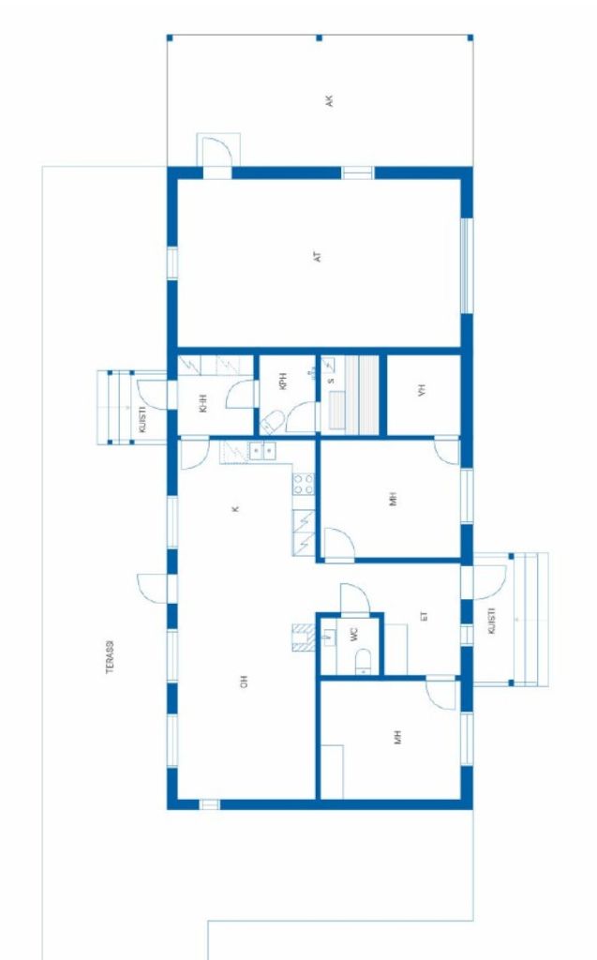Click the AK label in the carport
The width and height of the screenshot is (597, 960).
pyautogui.click(x=329, y=101)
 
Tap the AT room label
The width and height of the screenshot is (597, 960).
pyautogui.click(x=317, y=257)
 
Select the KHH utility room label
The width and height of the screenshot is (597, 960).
pyautogui.click(x=203, y=403)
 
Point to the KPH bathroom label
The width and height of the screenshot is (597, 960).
pyautogui.click(x=283, y=382)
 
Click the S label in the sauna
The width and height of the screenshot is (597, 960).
pyautogui.click(x=331, y=381)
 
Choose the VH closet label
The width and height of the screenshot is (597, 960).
pyautogui.click(x=421, y=390)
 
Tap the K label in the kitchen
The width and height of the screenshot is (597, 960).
pyautogui.click(x=235, y=509)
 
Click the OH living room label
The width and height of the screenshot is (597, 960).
pyautogui.click(x=243, y=682)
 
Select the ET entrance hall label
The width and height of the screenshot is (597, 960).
pyautogui.click(x=424, y=617)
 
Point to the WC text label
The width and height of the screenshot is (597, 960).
pyautogui.click(x=354, y=635)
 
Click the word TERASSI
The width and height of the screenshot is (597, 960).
pyautogui.click(x=111, y=657)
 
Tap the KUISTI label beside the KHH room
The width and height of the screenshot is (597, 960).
pyautogui.click(x=142, y=420)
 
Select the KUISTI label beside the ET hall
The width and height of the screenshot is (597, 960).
pyautogui.click(x=491, y=621)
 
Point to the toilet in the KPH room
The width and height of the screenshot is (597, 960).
pyautogui.click(x=271, y=423)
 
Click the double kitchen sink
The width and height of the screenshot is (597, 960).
pyautogui.click(x=262, y=451)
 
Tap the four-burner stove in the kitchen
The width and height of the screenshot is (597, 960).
pyautogui.click(x=304, y=484)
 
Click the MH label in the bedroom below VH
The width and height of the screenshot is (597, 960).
pyautogui.click(x=393, y=499)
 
